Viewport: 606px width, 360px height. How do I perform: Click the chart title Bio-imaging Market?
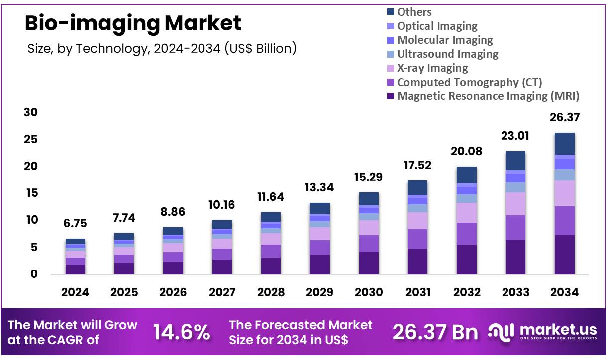(133, 23)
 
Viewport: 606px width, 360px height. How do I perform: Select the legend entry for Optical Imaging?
(437, 26)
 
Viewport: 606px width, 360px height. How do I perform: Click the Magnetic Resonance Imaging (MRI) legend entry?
(488, 96)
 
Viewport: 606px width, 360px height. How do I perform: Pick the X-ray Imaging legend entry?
(432, 68)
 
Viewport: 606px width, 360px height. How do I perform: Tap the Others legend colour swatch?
(390, 12)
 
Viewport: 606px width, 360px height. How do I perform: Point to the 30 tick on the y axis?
(31, 113)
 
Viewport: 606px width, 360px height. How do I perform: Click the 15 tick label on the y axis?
(31, 193)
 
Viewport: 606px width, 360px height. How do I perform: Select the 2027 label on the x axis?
(222, 292)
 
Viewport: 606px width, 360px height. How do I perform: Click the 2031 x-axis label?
(417, 292)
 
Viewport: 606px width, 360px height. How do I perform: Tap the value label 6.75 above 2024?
(75, 224)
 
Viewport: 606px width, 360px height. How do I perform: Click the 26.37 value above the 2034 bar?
(565, 118)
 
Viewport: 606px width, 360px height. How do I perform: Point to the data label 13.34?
(319, 188)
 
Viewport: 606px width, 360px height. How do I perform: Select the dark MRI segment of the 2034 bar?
(564, 255)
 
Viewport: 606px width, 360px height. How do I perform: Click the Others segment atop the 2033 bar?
(515, 161)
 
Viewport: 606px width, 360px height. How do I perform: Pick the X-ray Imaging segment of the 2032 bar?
(467, 213)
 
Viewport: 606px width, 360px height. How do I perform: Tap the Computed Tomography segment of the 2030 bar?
(369, 244)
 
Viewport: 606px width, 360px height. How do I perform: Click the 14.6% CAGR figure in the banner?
(181, 332)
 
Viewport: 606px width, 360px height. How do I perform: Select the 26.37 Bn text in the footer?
(435, 332)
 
